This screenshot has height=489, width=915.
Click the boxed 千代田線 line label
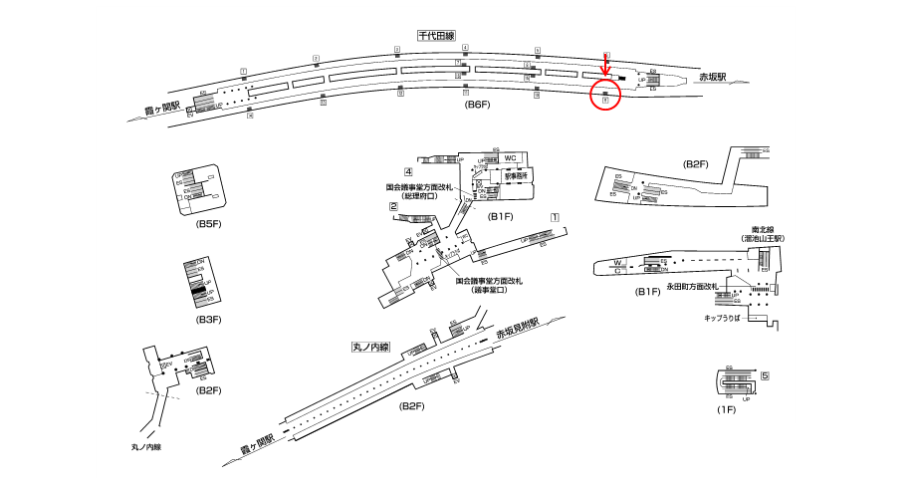pos(437,36)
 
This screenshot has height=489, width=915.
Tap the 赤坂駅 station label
pos(712,77)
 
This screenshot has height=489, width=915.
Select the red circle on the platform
pos(605,96)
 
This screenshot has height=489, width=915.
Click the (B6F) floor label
pos(479,105)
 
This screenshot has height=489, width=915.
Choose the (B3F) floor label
pos(208,319)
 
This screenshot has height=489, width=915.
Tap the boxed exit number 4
pos(408,172)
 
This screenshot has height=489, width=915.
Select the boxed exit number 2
pos(394,207)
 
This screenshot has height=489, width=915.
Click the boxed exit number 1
pos(555,217)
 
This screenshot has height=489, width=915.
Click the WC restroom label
pos(509,159)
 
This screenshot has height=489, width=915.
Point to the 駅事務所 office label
pos(515,174)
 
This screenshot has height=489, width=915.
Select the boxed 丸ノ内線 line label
pos(370,348)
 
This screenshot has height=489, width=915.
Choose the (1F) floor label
pos(726,409)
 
